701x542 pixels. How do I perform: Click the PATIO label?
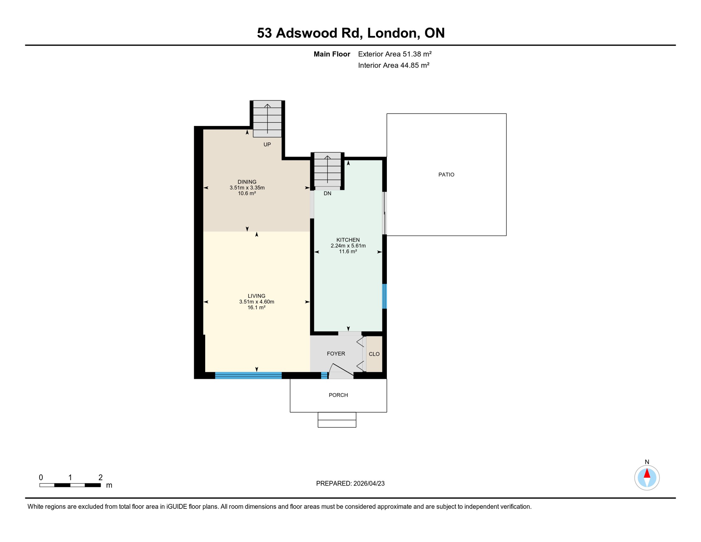[x=446, y=175]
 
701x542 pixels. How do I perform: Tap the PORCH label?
[x=338, y=395]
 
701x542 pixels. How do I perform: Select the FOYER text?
[x=336, y=354]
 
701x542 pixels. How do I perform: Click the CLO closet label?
[x=374, y=354]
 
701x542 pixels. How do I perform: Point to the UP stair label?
[x=267, y=144]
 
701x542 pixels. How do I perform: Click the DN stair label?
[x=327, y=193]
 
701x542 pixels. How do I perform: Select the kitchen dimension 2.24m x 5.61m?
[x=348, y=246]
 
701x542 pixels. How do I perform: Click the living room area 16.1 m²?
[x=256, y=308]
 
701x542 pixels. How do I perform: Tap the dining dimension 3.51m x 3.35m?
[x=247, y=188]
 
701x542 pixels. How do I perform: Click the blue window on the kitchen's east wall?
[x=384, y=296]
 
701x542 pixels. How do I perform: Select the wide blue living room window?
[x=248, y=375]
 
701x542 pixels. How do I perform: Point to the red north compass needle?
[x=647, y=474]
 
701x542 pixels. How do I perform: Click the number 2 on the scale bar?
[x=100, y=477]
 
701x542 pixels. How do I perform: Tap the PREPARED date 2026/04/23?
[x=369, y=483]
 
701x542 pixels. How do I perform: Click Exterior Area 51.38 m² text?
[x=395, y=54]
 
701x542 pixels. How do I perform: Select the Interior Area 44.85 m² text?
[x=394, y=65]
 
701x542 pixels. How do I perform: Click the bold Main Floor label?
[x=332, y=54]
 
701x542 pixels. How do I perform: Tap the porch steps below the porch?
[x=337, y=420]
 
